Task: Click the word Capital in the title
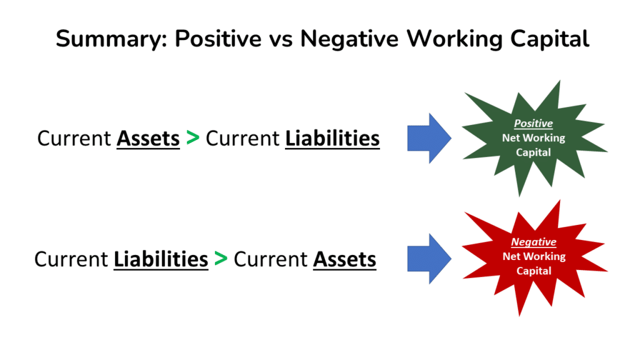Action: point(547,39)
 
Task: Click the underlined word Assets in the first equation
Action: point(148,138)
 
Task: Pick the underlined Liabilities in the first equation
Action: point(332,138)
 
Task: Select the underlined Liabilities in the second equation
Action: point(161,259)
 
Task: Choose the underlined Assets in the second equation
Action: point(345,259)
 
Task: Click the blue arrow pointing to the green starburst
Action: point(429,137)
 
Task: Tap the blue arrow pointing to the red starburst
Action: point(429,258)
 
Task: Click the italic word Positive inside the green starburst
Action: point(533,124)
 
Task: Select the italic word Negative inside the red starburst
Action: point(534,242)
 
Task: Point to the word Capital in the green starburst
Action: point(533,152)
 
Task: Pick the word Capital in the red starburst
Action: point(534,271)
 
